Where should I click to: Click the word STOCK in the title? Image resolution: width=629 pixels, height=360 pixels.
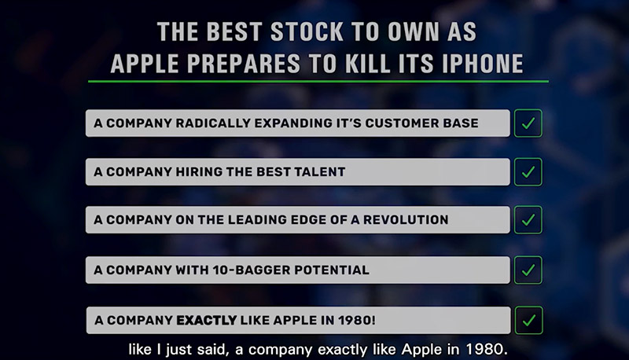[x=307, y=31]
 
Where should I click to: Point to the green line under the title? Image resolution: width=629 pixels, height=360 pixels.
[x=318, y=82]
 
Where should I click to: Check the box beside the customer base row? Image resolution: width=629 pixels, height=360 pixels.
[x=528, y=123]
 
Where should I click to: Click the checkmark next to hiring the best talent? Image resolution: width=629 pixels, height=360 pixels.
[x=528, y=172]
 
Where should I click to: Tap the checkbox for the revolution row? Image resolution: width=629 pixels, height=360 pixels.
[x=528, y=219]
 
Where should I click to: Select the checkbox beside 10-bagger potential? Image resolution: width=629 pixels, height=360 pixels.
[x=528, y=270]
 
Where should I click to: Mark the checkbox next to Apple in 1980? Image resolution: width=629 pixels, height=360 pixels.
[x=528, y=321]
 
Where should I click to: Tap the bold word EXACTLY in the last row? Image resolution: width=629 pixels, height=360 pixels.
[x=207, y=321]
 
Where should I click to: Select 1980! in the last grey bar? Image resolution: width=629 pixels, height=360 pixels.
[x=357, y=321]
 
